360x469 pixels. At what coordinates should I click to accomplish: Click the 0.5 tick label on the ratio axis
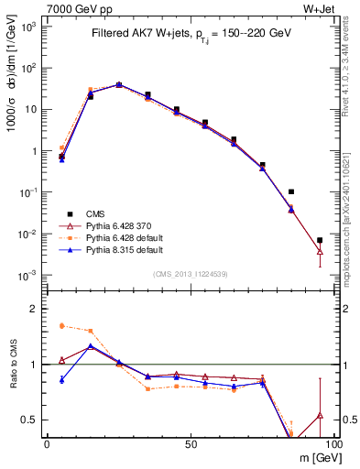coord(29,420)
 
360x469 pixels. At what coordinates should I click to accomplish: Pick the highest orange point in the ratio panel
coord(61,325)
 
